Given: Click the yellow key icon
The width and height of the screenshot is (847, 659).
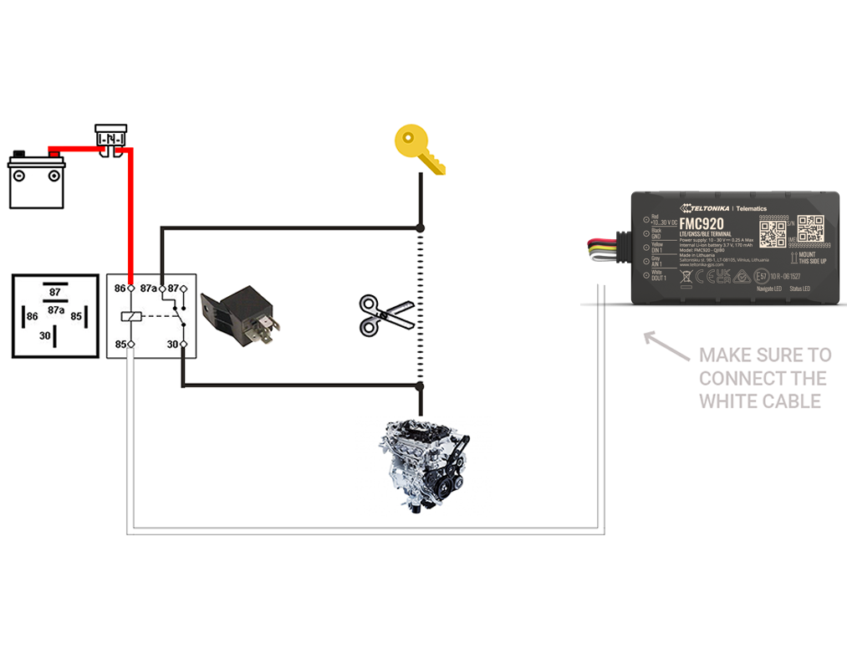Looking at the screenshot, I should click(418, 149).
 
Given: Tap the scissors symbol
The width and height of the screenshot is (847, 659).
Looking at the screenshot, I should click(386, 315).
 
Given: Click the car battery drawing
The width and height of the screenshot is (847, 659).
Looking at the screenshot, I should click(36, 179).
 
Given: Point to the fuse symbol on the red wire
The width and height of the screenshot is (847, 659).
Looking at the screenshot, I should click(110, 140).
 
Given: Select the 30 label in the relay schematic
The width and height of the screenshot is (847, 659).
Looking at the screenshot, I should click(172, 345).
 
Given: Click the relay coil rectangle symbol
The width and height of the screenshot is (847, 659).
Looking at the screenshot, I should click(131, 316).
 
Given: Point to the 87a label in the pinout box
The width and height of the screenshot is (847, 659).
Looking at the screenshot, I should click(55, 310).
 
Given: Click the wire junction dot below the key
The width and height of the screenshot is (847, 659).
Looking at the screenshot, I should click(421, 227).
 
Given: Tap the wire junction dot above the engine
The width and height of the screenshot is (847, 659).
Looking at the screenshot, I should click(421, 386).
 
